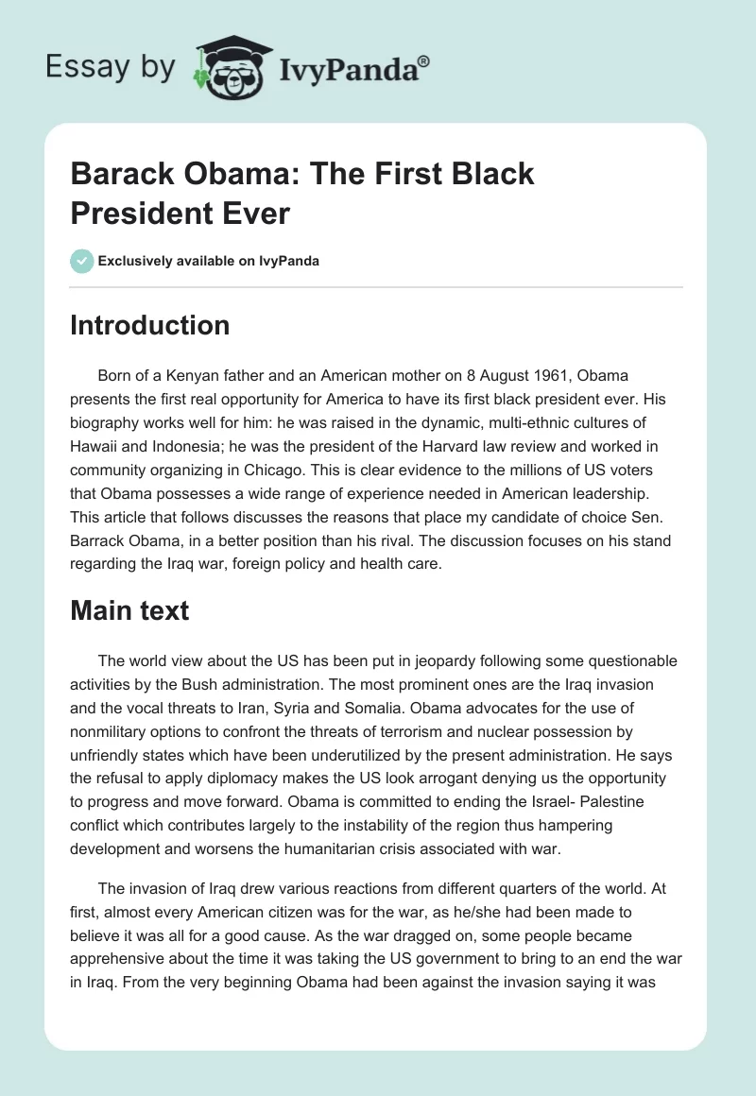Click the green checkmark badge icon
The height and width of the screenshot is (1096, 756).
coord(82,261)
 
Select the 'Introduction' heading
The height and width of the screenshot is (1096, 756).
coord(150,326)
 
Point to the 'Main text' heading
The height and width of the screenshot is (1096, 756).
coord(129,610)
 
